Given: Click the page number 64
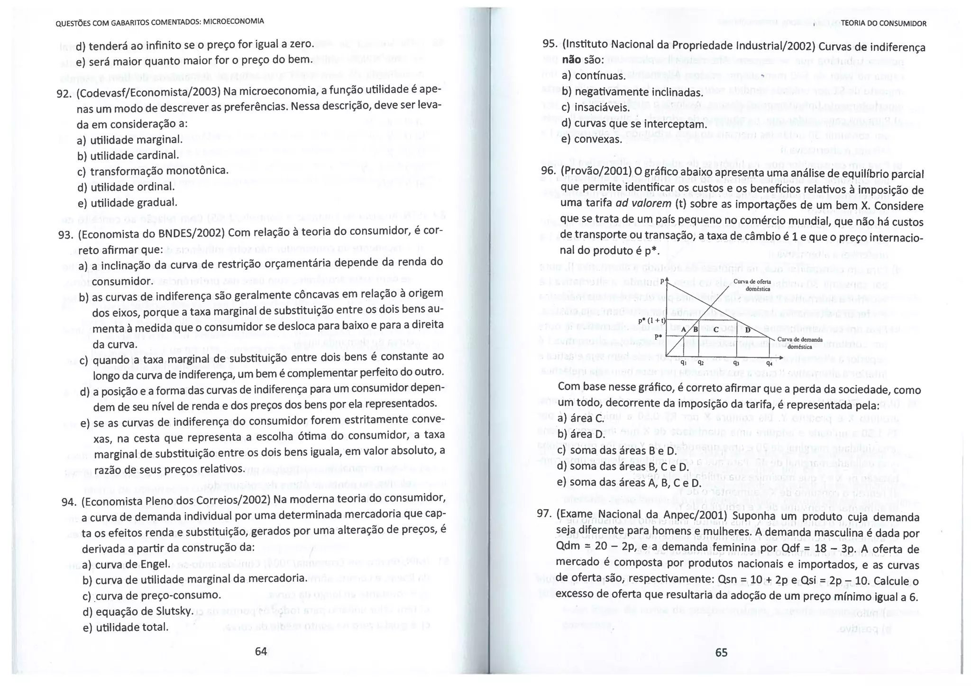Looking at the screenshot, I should [x=261, y=651].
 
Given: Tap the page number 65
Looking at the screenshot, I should [x=721, y=652].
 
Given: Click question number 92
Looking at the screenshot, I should [x=64, y=93].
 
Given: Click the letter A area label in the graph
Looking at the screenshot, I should [x=684, y=329].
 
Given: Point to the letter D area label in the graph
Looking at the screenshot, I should [x=748, y=330].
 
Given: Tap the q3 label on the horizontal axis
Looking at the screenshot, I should [x=736, y=363].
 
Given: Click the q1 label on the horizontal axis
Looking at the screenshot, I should [x=684, y=363].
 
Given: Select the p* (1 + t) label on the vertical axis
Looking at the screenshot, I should [x=652, y=321].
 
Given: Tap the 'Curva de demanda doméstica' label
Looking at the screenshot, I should [x=800, y=343].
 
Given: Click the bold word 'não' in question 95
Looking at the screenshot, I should [x=571, y=60].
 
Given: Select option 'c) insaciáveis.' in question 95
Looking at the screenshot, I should [x=595, y=108].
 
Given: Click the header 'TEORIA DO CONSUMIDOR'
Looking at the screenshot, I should [x=883, y=23].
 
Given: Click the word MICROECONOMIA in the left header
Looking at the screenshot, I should [x=233, y=21].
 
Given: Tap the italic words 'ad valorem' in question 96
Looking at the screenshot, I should [x=643, y=203].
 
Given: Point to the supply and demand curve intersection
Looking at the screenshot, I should [x=711, y=306].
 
